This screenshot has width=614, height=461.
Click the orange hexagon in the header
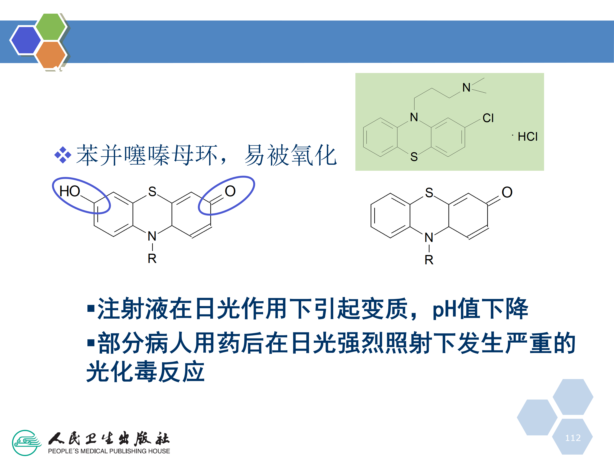tap(51, 54)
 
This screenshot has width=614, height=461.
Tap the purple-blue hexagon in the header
tap(26, 40)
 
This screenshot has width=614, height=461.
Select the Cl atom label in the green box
tap(488, 118)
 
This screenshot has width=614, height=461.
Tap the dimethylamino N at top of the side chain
tap(466, 88)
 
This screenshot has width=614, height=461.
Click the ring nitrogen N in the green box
tap(414, 117)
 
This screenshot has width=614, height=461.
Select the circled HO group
tap(70, 191)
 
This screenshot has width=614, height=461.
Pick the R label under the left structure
tap(152, 259)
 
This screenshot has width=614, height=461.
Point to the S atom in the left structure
tap(152, 191)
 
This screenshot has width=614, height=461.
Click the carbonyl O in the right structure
tap(507, 192)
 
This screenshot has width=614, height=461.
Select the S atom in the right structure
tap(429, 193)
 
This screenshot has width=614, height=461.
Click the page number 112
tap(573, 438)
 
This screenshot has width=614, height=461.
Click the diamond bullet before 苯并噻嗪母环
tap(63, 155)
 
